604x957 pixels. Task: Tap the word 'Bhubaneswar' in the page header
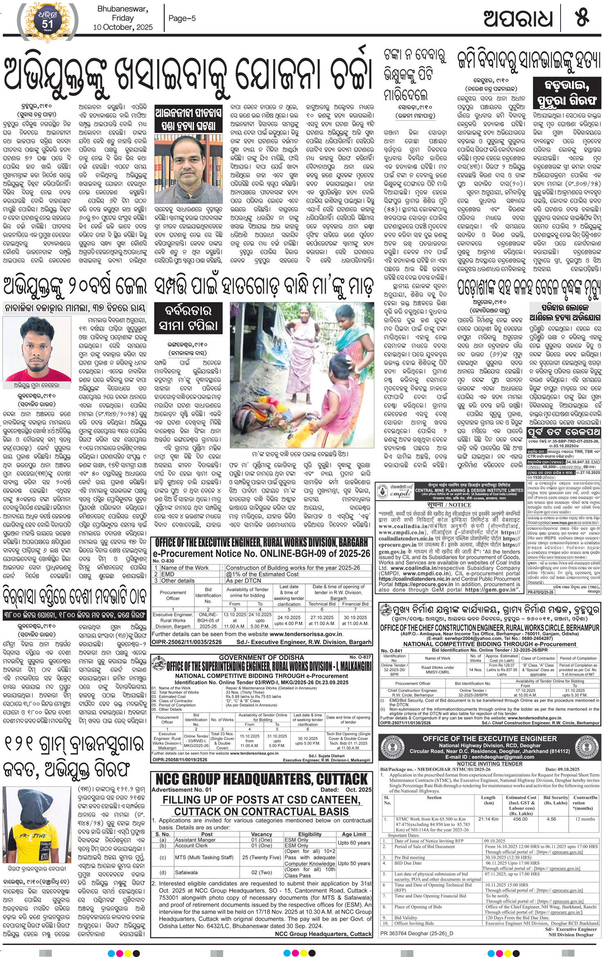click(x=122, y=9)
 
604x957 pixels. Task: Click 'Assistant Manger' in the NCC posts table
click(x=195, y=840)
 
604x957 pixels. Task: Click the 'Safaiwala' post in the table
click(x=186, y=872)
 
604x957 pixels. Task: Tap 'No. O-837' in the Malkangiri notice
click(x=360, y=657)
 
